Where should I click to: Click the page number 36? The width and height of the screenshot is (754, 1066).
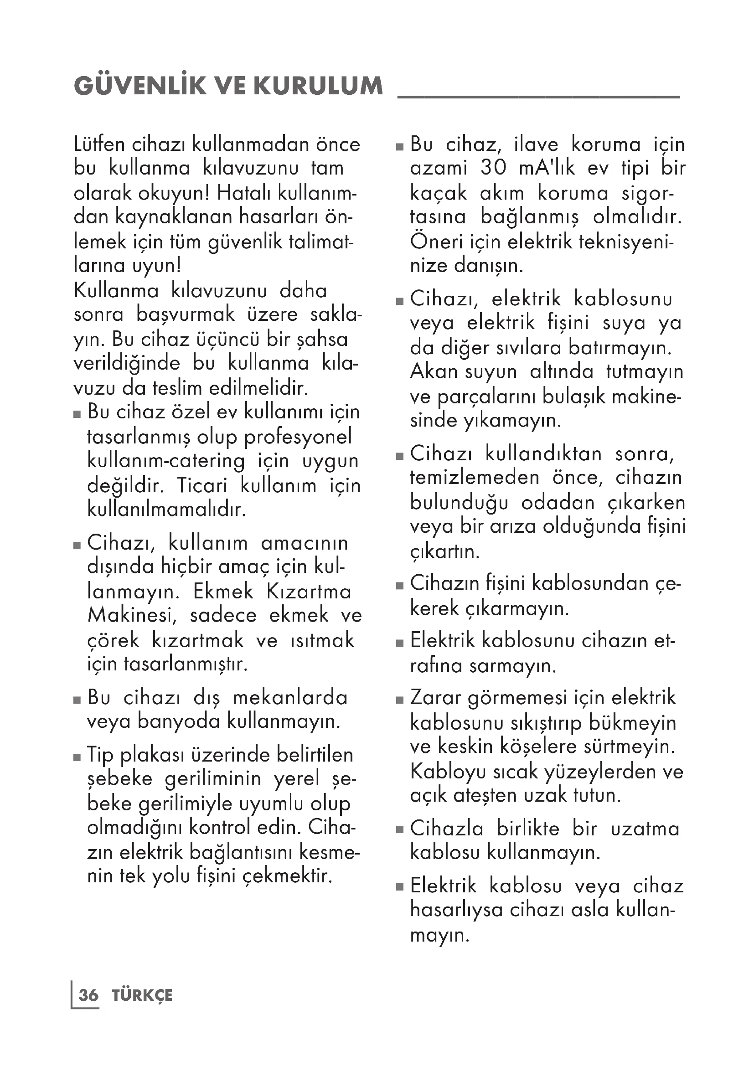(88, 995)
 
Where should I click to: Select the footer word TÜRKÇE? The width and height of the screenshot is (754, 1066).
(142, 995)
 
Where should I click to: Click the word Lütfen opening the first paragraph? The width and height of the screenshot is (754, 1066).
(99, 144)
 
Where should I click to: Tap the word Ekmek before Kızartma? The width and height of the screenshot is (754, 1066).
(223, 592)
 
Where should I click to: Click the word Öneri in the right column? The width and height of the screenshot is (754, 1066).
(434, 242)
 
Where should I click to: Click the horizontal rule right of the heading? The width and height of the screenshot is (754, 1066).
(538, 97)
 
